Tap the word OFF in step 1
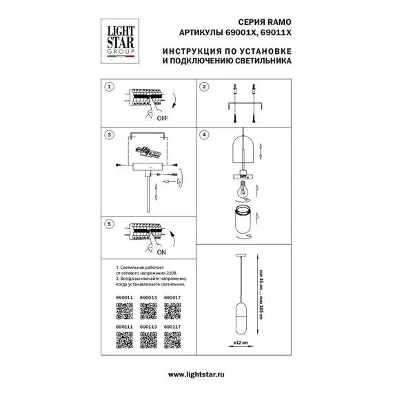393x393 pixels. [163, 119]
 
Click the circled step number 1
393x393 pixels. [109, 88]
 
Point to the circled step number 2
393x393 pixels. [204, 88]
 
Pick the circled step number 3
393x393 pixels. [109, 136]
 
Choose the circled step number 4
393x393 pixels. [204, 136]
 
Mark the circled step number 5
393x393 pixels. [109, 225]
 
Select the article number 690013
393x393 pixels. [149, 298]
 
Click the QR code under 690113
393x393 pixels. [148, 343]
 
